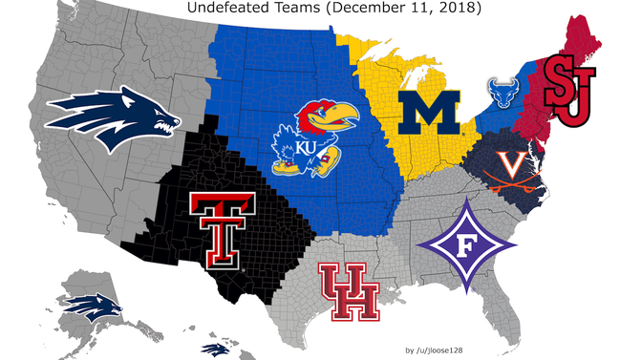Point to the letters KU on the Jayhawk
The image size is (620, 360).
[307, 149]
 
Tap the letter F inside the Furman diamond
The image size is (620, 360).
[465, 245]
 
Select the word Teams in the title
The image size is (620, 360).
[316, 9]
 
